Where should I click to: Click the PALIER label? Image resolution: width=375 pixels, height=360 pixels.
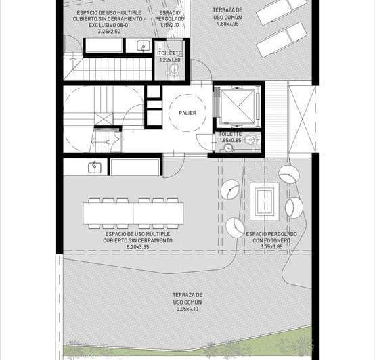pyautogui.click(x=187, y=113)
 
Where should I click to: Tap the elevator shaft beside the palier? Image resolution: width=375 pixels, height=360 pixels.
pyautogui.click(x=238, y=106)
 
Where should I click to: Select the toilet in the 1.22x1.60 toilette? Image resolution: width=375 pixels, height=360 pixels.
pyautogui.click(x=175, y=69)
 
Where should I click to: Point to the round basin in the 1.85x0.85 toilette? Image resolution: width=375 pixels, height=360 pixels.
pyautogui.click(x=228, y=148)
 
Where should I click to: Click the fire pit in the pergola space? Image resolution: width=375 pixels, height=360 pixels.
pyautogui.click(x=265, y=202)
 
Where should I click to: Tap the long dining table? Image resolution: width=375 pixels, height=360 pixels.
pyautogui.click(x=133, y=213)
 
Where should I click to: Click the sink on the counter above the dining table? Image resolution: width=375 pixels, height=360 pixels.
pyautogui.click(x=95, y=167)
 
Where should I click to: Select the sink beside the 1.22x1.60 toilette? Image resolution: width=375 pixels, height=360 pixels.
pyautogui.click(x=144, y=45)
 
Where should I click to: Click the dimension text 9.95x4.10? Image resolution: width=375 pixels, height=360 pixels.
pyautogui.click(x=187, y=309)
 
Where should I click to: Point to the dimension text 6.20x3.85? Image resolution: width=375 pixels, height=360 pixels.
pyautogui.click(x=138, y=247)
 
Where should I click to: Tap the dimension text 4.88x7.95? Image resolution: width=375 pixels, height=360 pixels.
pyautogui.click(x=227, y=24)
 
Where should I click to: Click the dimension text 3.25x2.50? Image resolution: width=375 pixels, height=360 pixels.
pyautogui.click(x=109, y=31)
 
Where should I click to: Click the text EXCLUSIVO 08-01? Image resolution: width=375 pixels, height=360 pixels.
pyautogui.click(x=109, y=25)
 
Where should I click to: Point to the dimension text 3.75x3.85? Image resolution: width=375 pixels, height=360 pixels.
pyautogui.click(x=271, y=246)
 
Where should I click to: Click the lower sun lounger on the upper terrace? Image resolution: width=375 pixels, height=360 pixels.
pyautogui.click(x=282, y=40)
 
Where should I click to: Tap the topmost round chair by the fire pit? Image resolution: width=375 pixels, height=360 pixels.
pyautogui.click(x=289, y=174)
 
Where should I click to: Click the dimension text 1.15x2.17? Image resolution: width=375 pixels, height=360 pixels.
pyautogui.click(x=170, y=25)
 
